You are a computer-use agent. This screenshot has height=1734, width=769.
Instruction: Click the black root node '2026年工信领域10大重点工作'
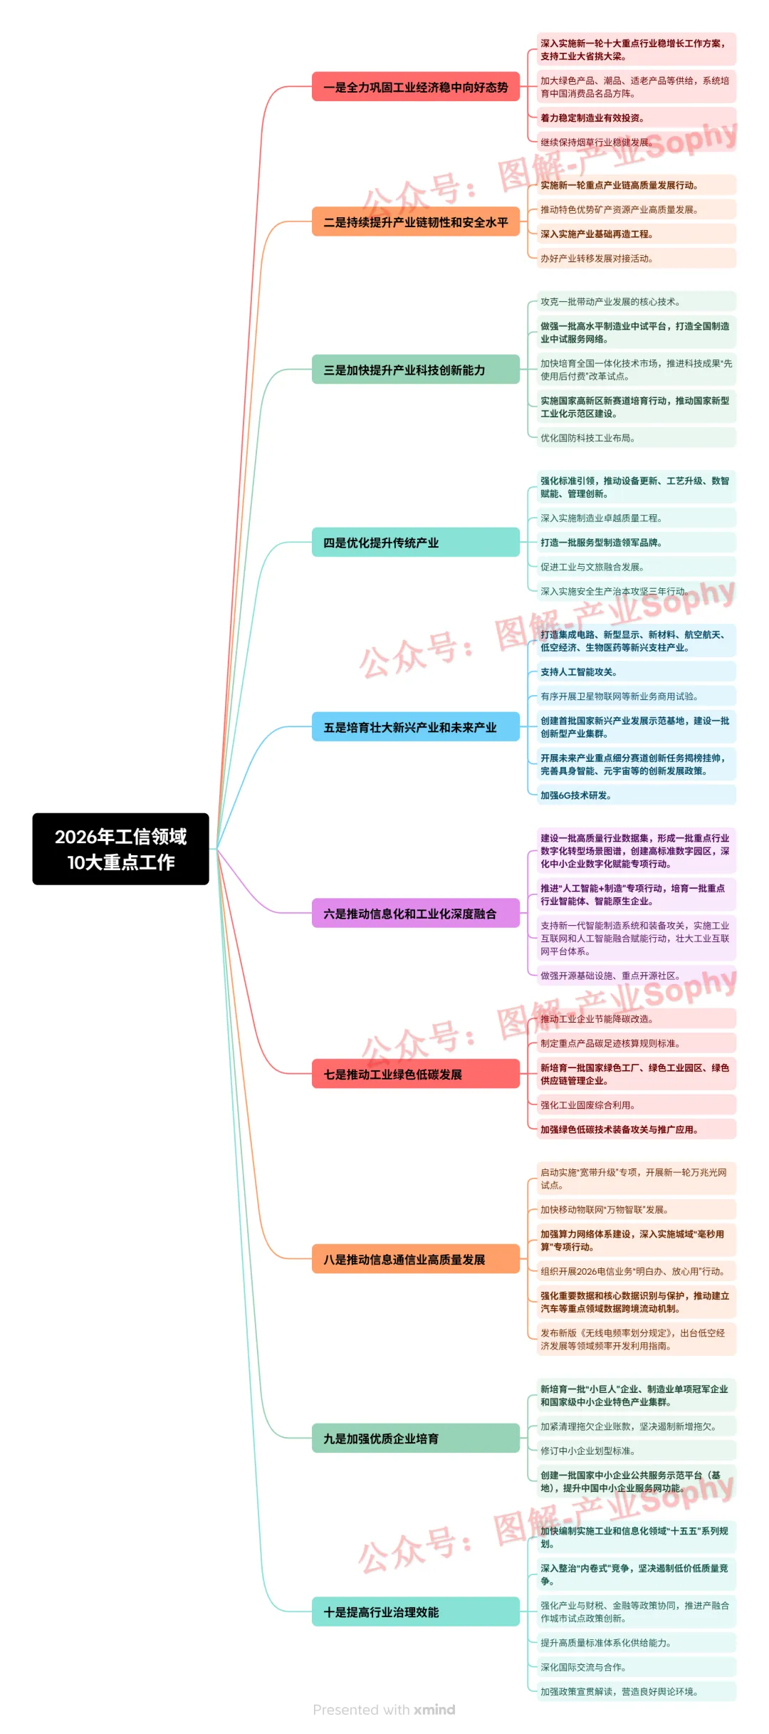click(x=120, y=849)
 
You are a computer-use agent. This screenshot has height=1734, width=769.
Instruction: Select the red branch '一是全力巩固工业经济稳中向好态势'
click(x=415, y=87)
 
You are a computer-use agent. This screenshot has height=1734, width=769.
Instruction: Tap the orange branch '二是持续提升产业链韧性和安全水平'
click(x=415, y=222)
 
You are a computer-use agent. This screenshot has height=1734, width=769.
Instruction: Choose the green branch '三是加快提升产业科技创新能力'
click(x=415, y=370)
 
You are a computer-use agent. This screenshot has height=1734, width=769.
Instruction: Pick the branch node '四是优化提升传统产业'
click(x=415, y=543)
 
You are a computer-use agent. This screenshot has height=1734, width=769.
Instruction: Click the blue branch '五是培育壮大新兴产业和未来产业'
click(x=415, y=727)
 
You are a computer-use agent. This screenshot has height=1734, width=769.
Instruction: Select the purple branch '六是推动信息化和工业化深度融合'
click(x=415, y=914)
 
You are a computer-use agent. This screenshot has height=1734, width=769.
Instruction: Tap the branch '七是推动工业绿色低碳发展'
click(x=415, y=1074)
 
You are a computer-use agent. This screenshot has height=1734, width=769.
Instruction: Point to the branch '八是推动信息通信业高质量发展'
click(x=415, y=1259)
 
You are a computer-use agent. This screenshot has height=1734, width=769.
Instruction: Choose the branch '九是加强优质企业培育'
click(x=415, y=1438)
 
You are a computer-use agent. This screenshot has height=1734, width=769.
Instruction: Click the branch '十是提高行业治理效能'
click(x=415, y=1612)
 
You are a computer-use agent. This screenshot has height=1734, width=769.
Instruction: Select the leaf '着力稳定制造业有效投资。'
click(x=592, y=118)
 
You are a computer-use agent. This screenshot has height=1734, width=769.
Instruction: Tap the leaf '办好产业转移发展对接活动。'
click(x=597, y=258)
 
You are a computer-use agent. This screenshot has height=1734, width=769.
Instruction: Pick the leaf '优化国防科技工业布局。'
click(x=587, y=438)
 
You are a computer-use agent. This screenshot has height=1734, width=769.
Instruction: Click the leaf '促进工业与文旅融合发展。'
click(x=592, y=567)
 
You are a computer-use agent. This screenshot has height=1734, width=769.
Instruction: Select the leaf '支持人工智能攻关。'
click(x=579, y=672)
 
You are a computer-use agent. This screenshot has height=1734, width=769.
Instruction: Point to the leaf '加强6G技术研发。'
click(x=576, y=795)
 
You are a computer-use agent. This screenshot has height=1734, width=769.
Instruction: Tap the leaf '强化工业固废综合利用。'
click(x=587, y=1105)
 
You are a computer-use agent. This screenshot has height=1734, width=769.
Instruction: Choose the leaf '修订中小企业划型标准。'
click(x=587, y=1451)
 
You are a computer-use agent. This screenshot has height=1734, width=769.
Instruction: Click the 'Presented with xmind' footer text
click(x=384, y=1710)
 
